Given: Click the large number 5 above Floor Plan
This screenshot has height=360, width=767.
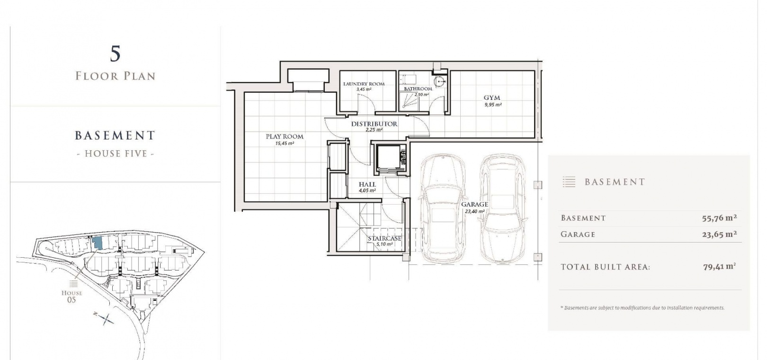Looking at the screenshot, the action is point(116,54).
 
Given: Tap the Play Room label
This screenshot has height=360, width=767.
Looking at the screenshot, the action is point(285,136).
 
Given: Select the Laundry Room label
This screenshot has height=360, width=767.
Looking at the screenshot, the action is point(364,84).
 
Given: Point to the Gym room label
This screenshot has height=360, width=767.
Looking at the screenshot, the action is point(492,98).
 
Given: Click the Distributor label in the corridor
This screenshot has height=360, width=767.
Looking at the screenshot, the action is point(374,124).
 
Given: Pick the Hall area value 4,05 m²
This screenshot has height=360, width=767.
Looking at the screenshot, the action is point(367,190).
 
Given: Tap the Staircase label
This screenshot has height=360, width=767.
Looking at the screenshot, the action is point(384,238).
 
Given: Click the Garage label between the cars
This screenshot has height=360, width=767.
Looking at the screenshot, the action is point(474,205).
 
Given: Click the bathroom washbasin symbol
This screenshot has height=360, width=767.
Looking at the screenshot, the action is point(439,82).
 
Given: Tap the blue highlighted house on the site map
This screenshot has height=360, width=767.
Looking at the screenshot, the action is point(97,243).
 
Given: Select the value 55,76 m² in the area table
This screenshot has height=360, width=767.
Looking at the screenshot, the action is point(719,218).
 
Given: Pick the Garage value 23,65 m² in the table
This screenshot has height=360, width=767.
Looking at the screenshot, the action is point(719,234).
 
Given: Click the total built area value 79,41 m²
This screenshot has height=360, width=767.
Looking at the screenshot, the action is point(719,267).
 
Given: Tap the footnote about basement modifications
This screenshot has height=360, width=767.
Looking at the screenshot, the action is point(642,308).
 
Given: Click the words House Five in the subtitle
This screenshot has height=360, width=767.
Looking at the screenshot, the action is point(116,153).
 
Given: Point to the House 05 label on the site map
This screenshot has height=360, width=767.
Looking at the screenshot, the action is point(71,297).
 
